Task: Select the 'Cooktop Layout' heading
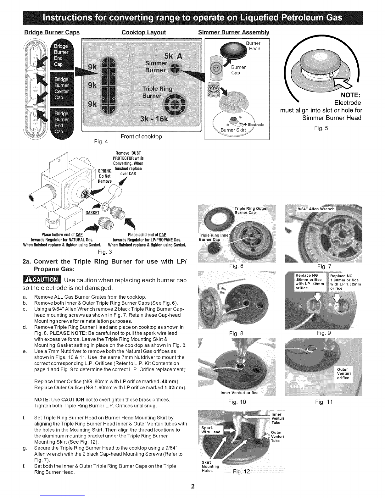coord(143,33)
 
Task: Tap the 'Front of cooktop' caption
coord(141,136)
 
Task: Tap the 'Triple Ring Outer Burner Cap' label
coord(250,210)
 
